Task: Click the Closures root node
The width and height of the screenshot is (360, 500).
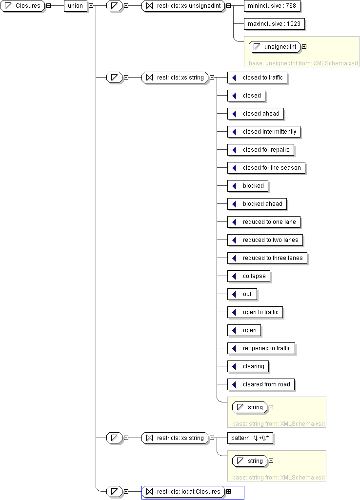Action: (x=22, y=6)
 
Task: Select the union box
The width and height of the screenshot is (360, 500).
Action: (x=76, y=6)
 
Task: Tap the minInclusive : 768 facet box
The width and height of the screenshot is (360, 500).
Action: (x=272, y=6)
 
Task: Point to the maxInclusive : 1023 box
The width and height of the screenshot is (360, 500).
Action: (x=274, y=24)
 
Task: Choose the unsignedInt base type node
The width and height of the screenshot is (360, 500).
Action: (x=275, y=47)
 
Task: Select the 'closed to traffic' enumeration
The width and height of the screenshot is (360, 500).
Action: (x=258, y=78)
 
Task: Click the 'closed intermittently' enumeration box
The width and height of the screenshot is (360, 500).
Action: (x=264, y=132)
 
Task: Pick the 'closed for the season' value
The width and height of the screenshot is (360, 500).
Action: (x=266, y=168)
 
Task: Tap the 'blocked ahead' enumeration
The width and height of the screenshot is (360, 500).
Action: (x=257, y=204)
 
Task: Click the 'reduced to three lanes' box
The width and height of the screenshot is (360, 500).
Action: (x=267, y=258)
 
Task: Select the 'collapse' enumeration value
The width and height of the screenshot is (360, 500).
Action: (x=249, y=276)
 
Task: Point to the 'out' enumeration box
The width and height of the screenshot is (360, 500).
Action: (x=242, y=294)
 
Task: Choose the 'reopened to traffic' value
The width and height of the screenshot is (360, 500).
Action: (x=261, y=348)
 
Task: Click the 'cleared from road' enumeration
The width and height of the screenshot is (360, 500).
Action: (x=261, y=384)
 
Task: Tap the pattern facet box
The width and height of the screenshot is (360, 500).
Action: (x=250, y=438)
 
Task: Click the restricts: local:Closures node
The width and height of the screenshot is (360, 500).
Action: (x=183, y=492)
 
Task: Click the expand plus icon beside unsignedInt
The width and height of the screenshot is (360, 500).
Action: (x=304, y=47)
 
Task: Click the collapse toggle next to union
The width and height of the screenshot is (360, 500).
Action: (x=91, y=6)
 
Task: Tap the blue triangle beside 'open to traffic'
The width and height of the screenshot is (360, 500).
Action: (x=234, y=312)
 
